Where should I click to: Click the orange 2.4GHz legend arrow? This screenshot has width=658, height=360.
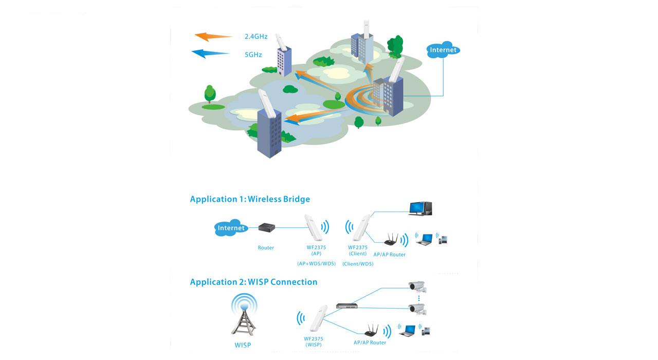213,37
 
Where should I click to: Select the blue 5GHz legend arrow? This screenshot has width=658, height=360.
210,53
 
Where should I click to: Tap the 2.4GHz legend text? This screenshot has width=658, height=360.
256,37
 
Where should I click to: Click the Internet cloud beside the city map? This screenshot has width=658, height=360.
443,50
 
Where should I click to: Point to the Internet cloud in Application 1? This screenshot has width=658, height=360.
231,228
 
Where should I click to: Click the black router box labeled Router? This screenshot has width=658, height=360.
267,227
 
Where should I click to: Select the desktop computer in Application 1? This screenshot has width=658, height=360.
421,208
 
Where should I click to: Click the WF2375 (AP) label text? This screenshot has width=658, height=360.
316,250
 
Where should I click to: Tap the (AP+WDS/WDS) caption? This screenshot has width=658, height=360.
316,264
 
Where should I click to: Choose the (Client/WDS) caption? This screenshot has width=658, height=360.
358,264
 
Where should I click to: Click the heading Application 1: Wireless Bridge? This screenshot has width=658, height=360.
250,199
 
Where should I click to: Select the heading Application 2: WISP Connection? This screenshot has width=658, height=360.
253,282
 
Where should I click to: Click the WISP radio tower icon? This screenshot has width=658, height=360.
244,314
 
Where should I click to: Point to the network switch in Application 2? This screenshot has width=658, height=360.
347,306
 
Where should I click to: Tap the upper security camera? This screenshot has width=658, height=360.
417,287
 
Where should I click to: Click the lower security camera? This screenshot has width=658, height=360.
417,310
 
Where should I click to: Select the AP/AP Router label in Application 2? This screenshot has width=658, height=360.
370,343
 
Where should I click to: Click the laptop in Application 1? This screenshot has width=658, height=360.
425,240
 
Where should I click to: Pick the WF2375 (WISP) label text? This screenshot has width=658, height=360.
314,342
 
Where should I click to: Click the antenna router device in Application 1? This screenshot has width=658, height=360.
391,240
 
